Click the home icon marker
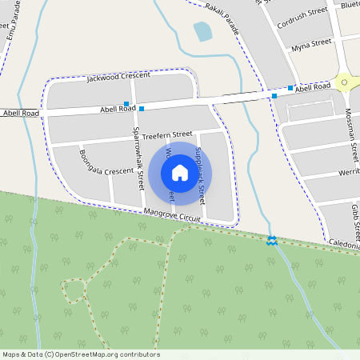180,173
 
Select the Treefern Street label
168,134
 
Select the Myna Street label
311,43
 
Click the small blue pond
202,31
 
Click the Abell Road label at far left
19,114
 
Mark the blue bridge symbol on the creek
272,239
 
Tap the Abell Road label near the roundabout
311,86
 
